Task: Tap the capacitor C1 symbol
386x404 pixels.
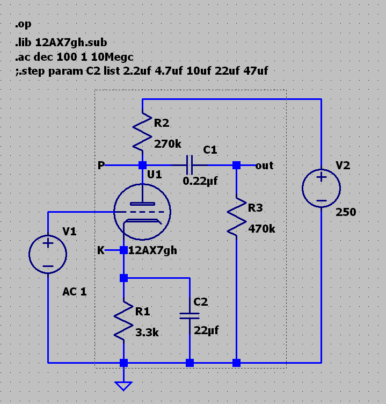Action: [x=189, y=165]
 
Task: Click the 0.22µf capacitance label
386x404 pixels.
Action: [x=200, y=181]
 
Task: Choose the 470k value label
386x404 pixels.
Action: [x=262, y=228]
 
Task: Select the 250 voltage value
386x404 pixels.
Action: [x=346, y=212]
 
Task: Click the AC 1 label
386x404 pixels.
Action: [x=75, y=292]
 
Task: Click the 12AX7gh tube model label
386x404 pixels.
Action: [x=152, y=250]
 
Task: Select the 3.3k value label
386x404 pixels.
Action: [x=147, y=332]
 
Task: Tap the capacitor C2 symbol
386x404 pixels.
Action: [x=190, y=316]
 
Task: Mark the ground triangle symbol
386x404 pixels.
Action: [x=124, y=385]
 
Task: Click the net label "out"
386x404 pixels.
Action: [x=265, y=165]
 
